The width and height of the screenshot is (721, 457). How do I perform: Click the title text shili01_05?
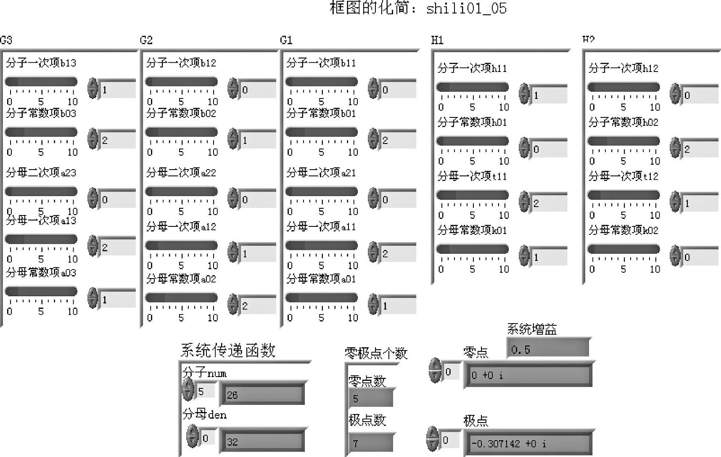466,8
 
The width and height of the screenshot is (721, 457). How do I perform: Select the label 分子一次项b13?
41,63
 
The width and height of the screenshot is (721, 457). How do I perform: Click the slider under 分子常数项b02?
181,132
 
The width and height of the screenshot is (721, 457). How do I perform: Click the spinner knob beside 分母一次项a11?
373,252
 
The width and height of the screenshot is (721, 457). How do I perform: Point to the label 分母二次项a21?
321,173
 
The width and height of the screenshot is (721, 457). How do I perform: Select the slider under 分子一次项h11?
472,87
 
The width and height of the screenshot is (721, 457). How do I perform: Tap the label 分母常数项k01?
472,230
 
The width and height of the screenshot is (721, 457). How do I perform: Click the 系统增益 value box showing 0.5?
547,349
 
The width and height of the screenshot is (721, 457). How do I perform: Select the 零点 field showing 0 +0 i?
528,375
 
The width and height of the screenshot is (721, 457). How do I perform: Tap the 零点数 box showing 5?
370,398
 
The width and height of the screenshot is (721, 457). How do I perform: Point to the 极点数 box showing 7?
370,443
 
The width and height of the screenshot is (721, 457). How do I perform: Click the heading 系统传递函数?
228,351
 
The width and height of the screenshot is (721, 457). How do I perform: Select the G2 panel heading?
146,40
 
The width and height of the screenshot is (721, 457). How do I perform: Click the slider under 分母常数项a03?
41,291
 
